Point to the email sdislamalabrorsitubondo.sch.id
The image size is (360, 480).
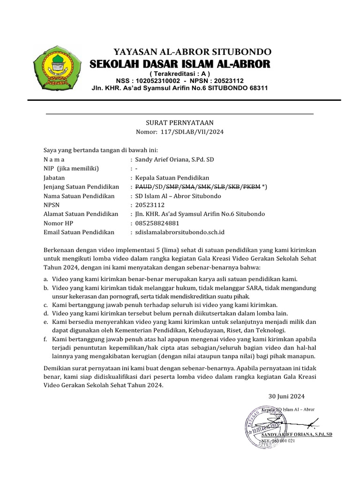coord(180,232)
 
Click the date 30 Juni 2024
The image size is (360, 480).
coord(286,396)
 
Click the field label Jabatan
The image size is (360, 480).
coord(54,178)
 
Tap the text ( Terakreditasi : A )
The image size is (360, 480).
coord(180,74)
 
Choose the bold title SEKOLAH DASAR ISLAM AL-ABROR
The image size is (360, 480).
coord(180,64)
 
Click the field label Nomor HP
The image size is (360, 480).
coord(59,223)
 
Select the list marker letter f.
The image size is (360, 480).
coord(45,338)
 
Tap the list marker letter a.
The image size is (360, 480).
coord(45,278)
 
